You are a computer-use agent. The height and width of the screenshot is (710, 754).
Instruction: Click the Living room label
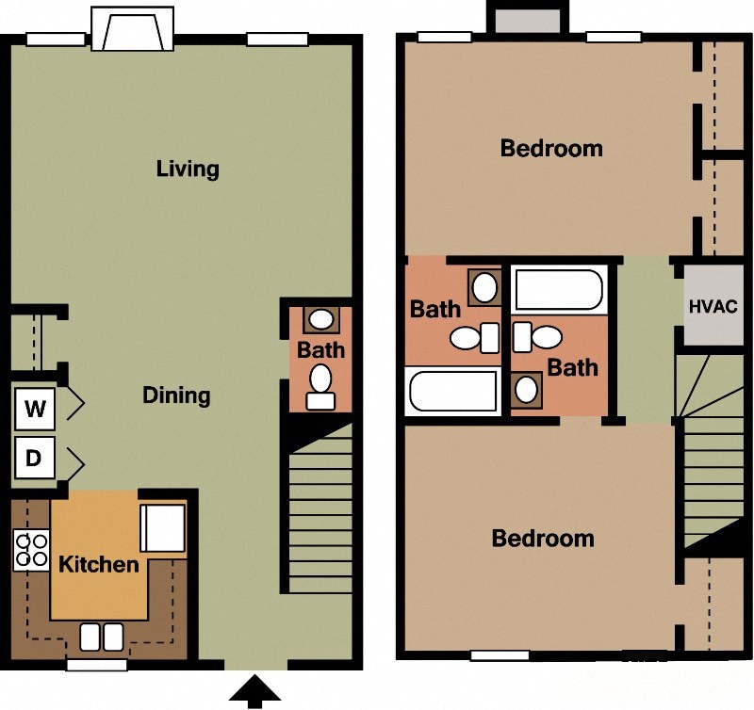[x=188, y=169]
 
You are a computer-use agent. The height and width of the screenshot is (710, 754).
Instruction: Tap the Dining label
[x=176, y=395]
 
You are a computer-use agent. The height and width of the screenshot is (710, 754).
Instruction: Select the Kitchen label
[x=99, y=565]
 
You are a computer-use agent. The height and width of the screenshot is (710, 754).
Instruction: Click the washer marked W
[x=35, y=410]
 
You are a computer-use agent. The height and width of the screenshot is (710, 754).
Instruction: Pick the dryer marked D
[x=35, y=460]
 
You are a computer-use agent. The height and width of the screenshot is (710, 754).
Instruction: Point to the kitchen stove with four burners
[x=31, y=550]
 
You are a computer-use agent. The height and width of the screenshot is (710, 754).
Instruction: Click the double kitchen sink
[x=101, y=637]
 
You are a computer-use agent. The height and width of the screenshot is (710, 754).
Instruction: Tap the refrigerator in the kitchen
[x=162, y=528]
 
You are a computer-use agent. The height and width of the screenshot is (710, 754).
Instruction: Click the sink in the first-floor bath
[x=321, y=320]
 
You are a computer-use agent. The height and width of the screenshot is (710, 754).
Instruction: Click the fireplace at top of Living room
[x=133, y=30]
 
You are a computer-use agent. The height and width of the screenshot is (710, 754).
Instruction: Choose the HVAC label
[x=713, y=306]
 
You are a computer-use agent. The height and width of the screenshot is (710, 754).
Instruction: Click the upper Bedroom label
[x=551, y=149]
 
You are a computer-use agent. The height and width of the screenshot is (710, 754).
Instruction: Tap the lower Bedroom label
[x=543, y=539]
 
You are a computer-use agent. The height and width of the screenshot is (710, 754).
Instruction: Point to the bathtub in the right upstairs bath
[x=559, y=290]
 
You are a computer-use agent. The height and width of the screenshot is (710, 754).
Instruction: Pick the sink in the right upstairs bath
[x=527, y=388]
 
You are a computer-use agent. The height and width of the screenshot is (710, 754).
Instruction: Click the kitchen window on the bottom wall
[x=96, y=665]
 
